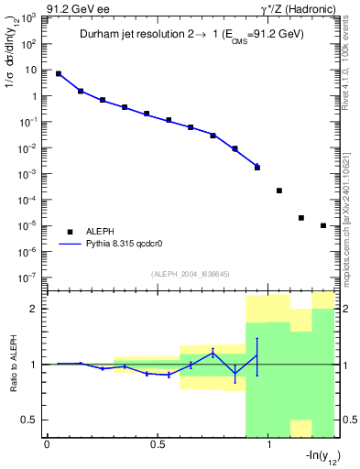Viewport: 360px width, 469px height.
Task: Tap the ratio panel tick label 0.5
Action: pos(31,420)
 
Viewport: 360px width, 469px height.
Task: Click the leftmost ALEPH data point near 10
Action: pos(59,73)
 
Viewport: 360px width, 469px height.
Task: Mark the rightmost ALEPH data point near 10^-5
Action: pos(323,225)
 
